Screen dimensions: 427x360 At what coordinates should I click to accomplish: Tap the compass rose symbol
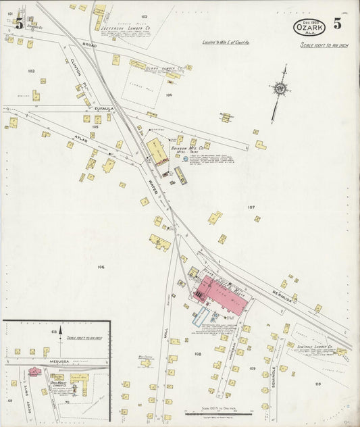[279, 88]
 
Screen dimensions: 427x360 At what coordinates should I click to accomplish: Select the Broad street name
[89, 44]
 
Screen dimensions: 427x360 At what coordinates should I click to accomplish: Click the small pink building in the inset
[34, 371]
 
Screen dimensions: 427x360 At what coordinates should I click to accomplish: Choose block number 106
[101, 268]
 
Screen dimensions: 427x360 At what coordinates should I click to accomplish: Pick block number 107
[251, 207]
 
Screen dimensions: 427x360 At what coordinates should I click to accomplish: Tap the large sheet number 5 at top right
[336, 24]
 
